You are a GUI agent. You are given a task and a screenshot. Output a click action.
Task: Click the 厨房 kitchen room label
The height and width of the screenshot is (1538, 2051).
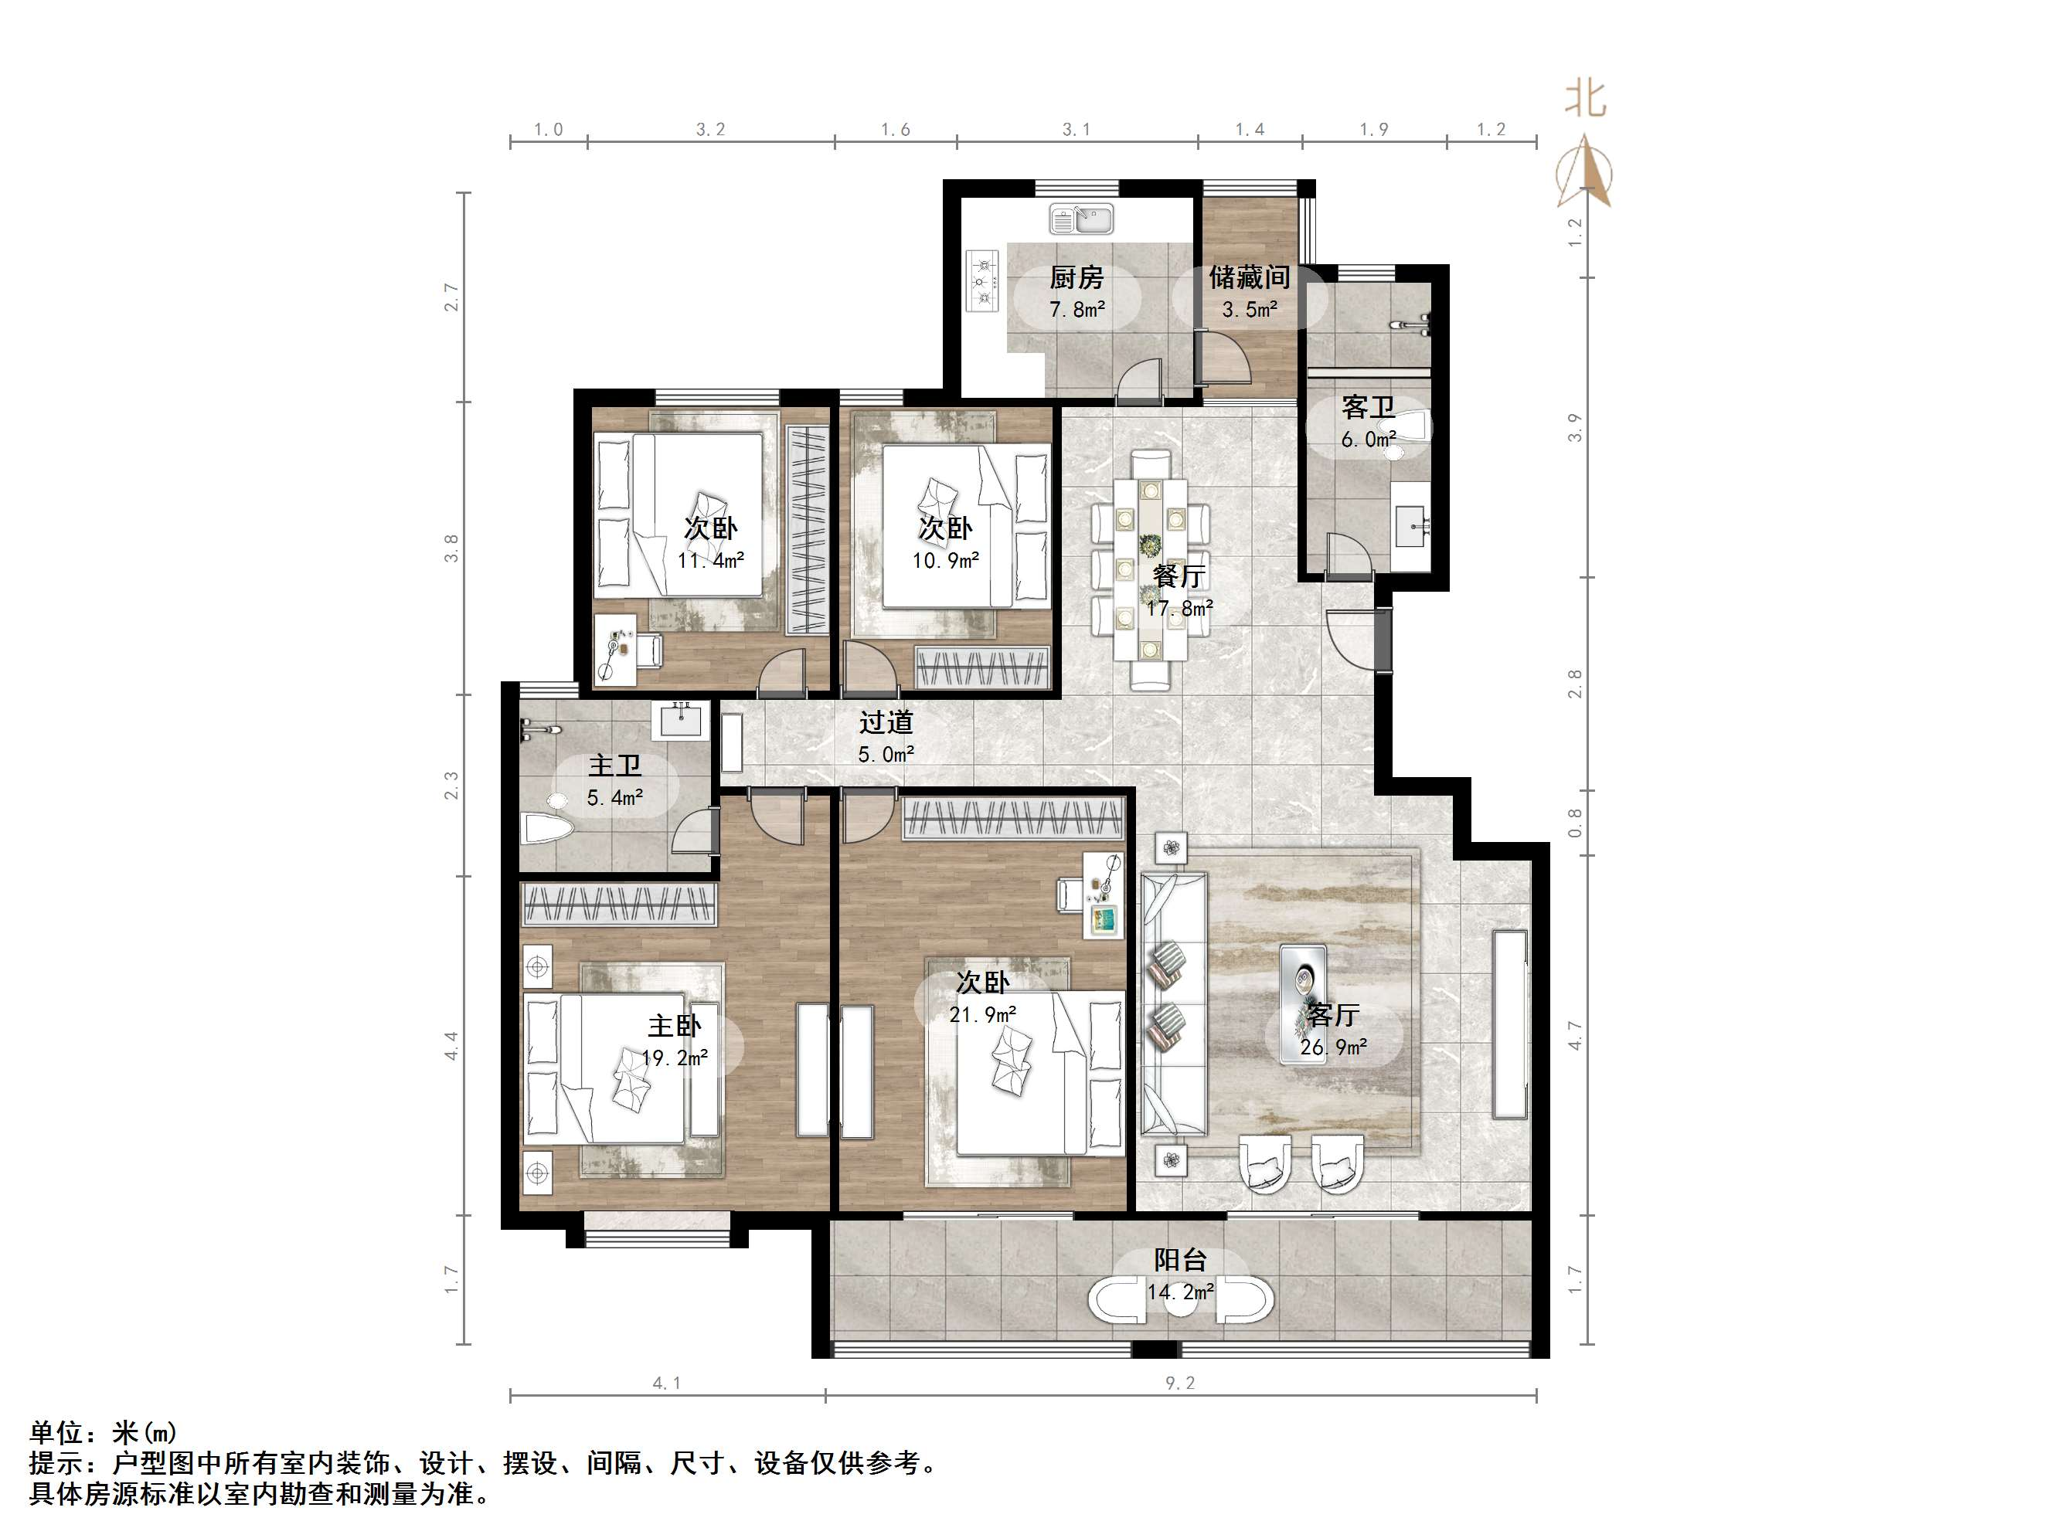pos(1077,277)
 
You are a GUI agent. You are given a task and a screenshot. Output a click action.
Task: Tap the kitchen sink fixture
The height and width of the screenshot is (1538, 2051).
pos(1081,219)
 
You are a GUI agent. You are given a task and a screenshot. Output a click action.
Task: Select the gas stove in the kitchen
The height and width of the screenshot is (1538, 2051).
pos(983,279)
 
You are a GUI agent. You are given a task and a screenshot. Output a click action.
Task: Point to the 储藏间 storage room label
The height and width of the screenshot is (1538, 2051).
pos(1249,277)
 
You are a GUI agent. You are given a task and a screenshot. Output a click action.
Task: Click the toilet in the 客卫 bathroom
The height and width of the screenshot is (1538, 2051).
pos(1410,428)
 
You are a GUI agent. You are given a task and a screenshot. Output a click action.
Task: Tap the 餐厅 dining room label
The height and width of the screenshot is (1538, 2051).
pos(1179,576)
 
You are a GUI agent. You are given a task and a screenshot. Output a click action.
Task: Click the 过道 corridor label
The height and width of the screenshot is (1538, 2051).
pos(886,722)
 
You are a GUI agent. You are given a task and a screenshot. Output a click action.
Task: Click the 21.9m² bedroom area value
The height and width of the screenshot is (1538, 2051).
pos(982,1014)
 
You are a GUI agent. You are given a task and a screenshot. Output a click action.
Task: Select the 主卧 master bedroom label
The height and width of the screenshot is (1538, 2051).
pos(674,1025)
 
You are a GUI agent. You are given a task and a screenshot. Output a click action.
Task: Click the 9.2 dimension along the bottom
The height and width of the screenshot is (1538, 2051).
pos(1180,1384)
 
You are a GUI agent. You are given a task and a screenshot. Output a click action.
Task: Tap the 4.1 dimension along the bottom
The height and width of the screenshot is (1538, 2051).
pos(667,1384)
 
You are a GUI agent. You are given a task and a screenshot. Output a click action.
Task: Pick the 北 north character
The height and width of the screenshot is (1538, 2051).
pos(1586,98)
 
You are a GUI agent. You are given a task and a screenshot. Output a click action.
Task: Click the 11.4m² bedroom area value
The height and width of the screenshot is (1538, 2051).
pos(710,560)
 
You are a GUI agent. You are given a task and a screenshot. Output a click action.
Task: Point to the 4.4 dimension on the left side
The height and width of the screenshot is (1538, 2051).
pos(451,1046)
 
